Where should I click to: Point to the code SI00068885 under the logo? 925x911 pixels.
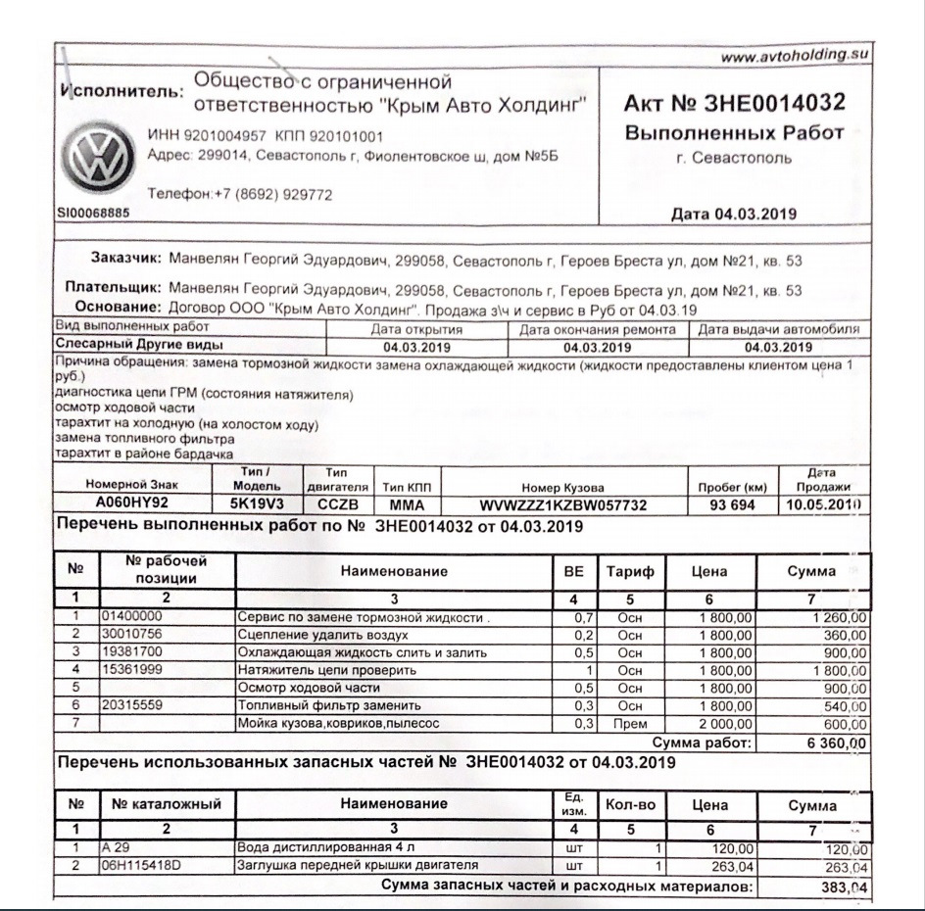point(94,213)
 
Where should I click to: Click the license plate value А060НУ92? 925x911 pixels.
point(132,504)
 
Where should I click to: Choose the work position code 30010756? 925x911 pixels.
point(134,635)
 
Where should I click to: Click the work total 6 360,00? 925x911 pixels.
point(834,744)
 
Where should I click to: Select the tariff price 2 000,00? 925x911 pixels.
point(722,724)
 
